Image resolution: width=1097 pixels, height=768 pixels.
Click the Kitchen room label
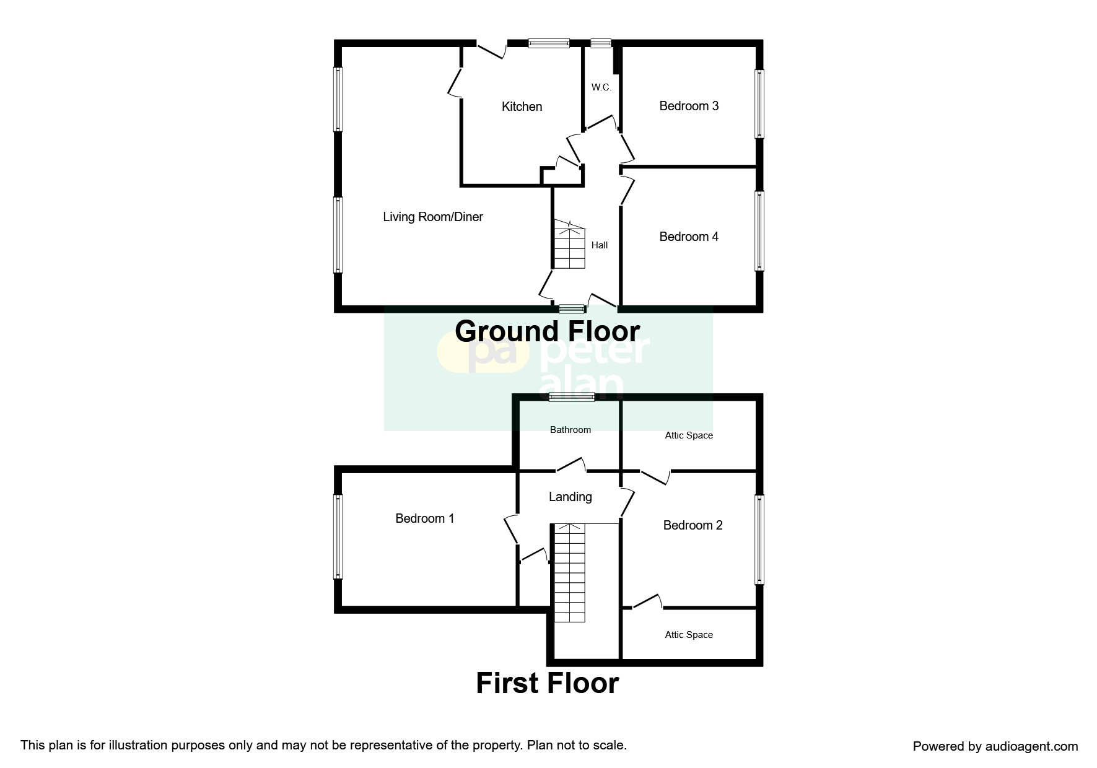click(522, 107)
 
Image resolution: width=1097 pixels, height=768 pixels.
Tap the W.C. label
click(601, 87)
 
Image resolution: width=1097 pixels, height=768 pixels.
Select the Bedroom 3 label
click(689, 106)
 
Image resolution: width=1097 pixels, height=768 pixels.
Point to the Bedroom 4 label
click(689, 237)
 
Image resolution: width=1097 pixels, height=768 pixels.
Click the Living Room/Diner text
click(433, 217)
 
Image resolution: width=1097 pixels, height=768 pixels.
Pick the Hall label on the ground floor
click(600, 245)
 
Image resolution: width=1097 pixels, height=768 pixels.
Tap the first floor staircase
click(569, 573)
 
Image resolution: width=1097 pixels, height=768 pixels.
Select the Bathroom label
click(570, 430)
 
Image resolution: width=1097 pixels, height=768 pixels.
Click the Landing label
click(570, 497)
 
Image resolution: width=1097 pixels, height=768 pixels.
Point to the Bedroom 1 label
click(425, 518)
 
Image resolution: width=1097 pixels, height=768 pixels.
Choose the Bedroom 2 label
click(693, 525)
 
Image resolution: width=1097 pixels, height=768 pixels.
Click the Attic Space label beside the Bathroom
click(689, 435)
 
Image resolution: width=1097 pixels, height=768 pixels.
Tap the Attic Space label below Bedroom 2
click(689, 635)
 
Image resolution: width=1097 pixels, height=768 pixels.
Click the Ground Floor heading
click(548, 331)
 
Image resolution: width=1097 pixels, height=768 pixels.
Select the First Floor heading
click(548, 683)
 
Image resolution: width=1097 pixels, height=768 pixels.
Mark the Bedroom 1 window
click(338, 536)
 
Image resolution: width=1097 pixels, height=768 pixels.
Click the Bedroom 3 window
click(759, 103)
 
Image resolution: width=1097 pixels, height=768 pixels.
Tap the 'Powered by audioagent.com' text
click(995, 746)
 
